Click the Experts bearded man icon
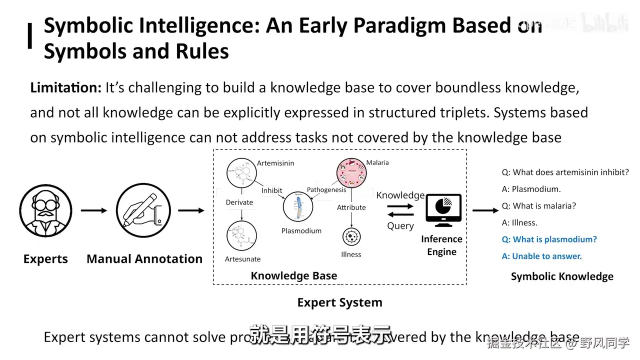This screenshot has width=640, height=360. pyautogui.click(x=45, y=210)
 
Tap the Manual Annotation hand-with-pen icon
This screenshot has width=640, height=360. pyautogui.click(x=143, y=210)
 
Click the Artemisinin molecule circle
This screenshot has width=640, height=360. pyautogui.click(x=242, y=174)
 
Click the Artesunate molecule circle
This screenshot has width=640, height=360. pyautogui.click(x=242, y=235)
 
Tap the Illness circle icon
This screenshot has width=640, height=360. pyautogui.click(x=351, y=237)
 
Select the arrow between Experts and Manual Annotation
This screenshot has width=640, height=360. pyautogui.click(x=94, y=210)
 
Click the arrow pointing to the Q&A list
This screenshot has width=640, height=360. pyautogui.click(x=485, y=210)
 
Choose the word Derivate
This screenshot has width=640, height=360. pyautogui.click(x=239, y=202)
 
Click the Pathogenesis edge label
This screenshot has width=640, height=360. pyautogui.click(x=326, y=190)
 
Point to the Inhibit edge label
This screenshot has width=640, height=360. pyautogui.click(x=271, y=190)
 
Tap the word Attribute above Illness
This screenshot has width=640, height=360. pyautogui.click(x=351, y=207)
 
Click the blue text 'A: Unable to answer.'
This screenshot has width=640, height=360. pyautogui.click(x=542, y=256)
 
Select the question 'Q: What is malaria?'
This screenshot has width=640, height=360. pyautogui.click(x=539, y=206)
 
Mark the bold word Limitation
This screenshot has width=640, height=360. pyautogui.click(x=66, y=88)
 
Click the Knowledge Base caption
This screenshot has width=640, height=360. pyautogui.click(x=294, y=276)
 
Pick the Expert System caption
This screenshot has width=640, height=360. pyautogui.click(x=339, y=302)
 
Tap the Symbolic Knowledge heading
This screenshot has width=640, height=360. pyautogui.click(x=562, y=276)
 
